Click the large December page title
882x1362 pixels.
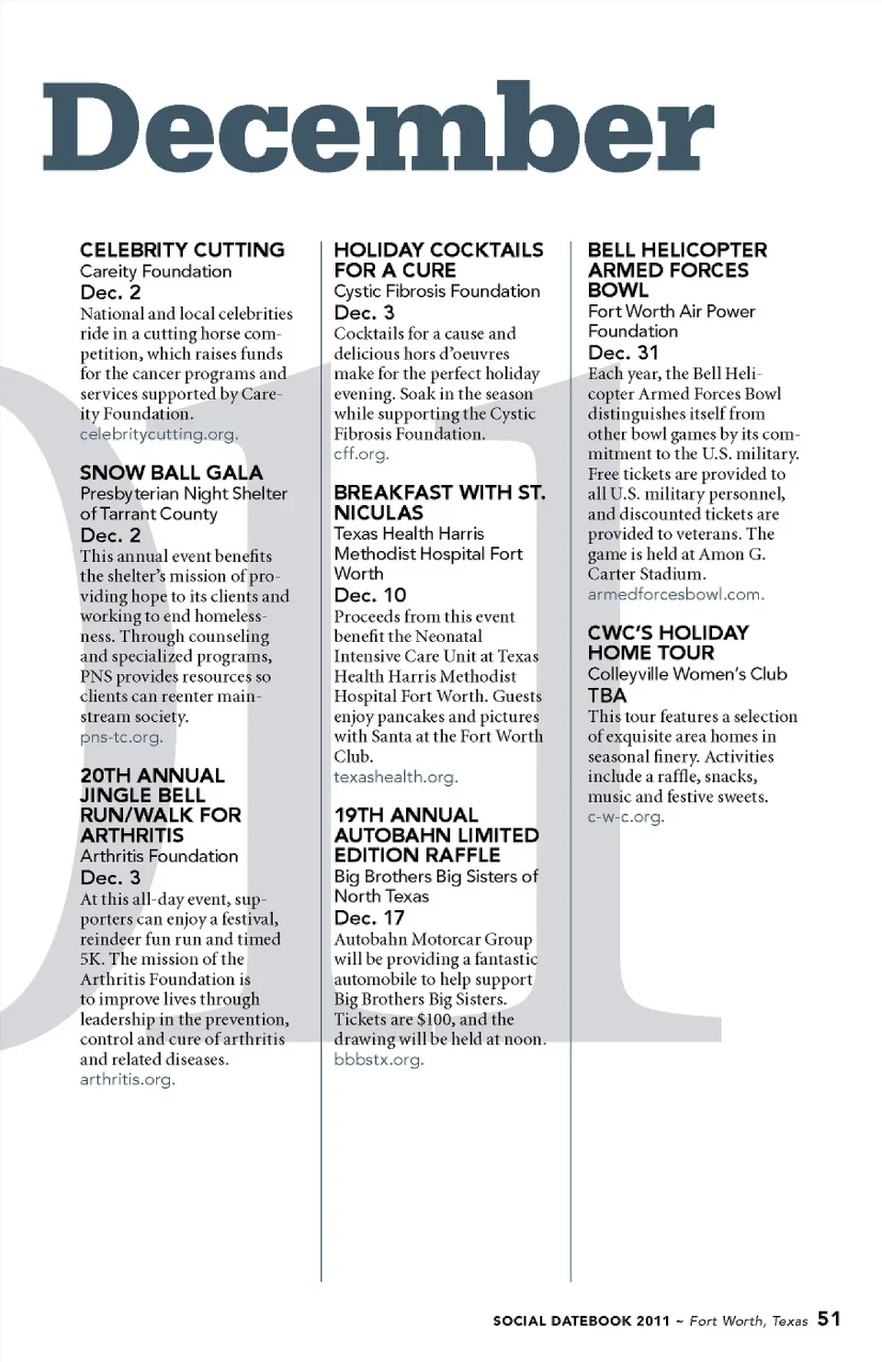(x=378, y=129)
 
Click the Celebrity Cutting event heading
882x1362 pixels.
(x=182, y=250)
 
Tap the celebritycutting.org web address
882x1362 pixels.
(x=158, y=434)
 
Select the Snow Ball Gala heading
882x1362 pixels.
(x=171, y=473)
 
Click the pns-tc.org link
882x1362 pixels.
(x=120, y=737)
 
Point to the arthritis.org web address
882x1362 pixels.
(x=127, y=1079)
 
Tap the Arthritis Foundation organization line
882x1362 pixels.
(x=159, y=856)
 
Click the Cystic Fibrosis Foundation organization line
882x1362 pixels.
(x=436, y=291)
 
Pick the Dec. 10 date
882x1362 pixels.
(x=369, y=595)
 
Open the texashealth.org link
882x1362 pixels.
(x=395, y=777)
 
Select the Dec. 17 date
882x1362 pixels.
(x=368, y=917)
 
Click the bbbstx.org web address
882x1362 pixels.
(x=379, y=1060)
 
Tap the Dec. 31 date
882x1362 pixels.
(x=623, y=353)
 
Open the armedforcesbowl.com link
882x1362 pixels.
(x=675, y=594)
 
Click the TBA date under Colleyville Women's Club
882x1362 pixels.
(x=606, y=695)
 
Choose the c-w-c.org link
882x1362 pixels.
(x=625, y=816)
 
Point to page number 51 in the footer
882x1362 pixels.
(x=829, y=1319)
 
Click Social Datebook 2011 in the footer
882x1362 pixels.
(x=581, y=1321)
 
